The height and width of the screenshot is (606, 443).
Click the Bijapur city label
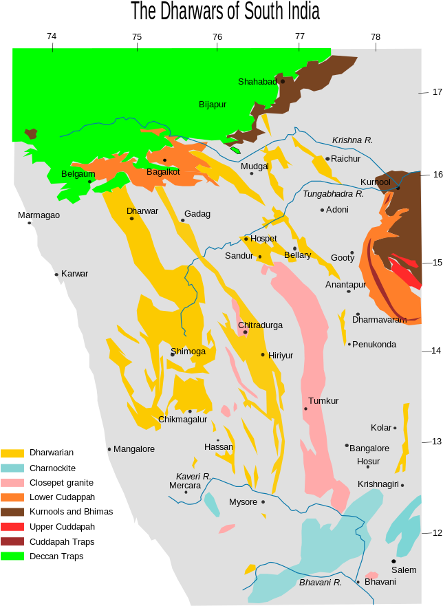click(213, 105)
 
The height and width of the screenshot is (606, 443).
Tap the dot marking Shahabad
click(282, 81)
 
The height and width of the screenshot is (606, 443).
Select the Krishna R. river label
click(352, 140)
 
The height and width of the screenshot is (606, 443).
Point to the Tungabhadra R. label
click(333, 194)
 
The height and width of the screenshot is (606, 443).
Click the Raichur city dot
click(327, 159)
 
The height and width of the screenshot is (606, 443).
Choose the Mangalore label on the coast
click(134, 449)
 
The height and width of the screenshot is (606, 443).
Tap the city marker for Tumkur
click(305, 409)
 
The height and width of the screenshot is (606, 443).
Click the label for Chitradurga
click(260, 325)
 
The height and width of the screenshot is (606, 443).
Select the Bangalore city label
click(369, 448)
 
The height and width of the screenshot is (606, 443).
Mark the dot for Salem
click(393, 561)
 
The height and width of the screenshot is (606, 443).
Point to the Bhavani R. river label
click(321, 583)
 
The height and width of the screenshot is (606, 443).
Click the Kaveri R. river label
click(193, 476)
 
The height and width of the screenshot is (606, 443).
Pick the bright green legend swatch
click(12, 556)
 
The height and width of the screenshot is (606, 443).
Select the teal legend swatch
click(12, 468)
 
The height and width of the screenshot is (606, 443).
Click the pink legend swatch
click(12, 482)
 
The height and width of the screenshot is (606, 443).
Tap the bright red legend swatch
click(12, 526)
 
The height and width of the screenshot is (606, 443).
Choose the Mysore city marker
click(263, 501)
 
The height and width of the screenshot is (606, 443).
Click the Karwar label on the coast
click(74, 274)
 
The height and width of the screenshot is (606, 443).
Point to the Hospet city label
click(263, 239)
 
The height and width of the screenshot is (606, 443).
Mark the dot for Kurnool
click(398, 187)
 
